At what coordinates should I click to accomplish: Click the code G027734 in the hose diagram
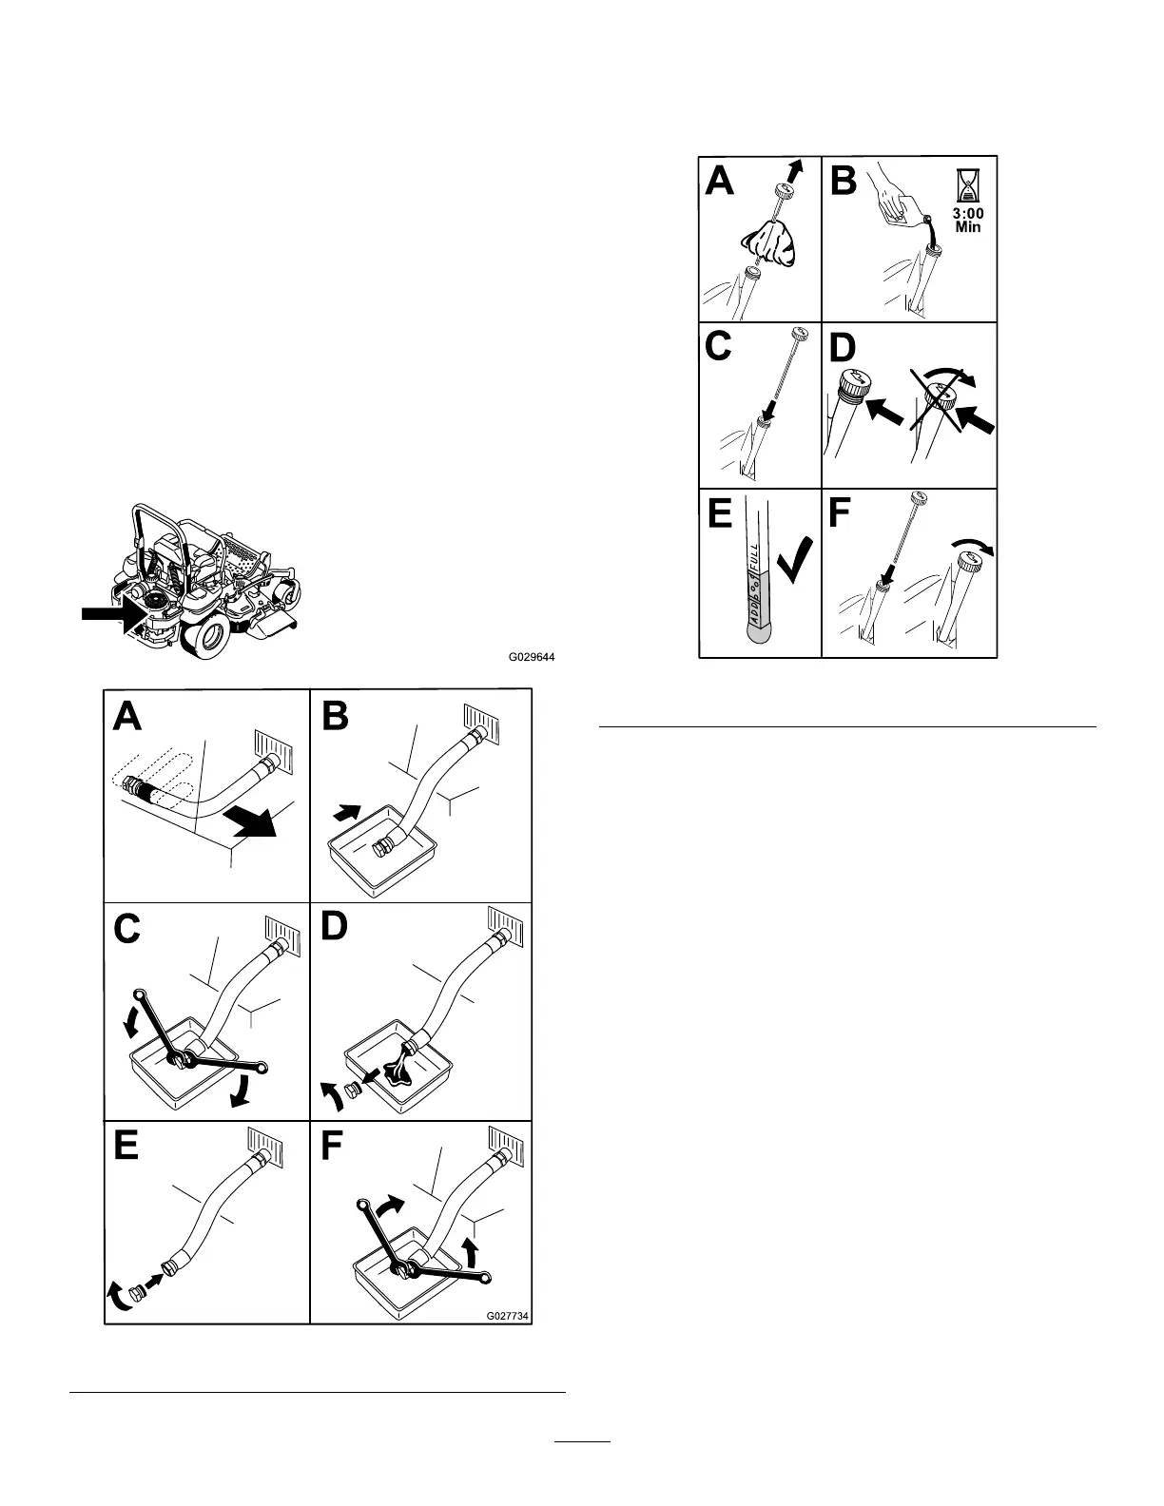pyautogui.click(x=508, y=1316)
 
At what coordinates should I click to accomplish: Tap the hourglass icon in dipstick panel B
pyautogui.click(x=967, y=184)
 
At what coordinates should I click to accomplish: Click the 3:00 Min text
pyautogui.click(x=968, y=221)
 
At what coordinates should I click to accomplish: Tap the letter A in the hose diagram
pyautogui.click(x=127, y=716)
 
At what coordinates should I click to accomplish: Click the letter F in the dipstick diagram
pyautogui.click(x=842, y=512)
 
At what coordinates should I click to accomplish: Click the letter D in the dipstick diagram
pyautogui.click(x=843, y=347)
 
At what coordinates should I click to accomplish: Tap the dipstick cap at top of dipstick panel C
pyautogui.click(x=797, y=335)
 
